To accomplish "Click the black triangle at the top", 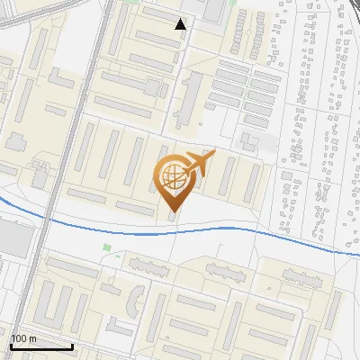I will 181,24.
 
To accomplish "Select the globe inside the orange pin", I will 172,178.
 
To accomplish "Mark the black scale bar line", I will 41,346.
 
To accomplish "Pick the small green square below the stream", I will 106,247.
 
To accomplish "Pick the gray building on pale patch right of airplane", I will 247,141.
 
